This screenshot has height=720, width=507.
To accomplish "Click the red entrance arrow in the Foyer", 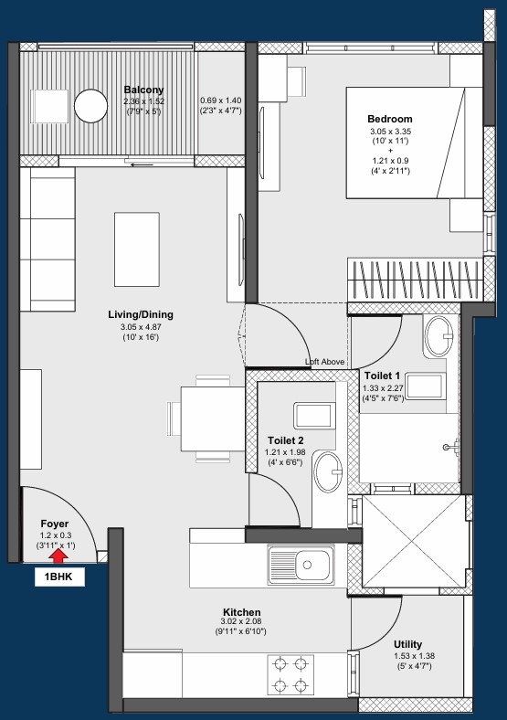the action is click(x=58, y=556).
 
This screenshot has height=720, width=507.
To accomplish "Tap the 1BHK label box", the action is click(x=59, y=577).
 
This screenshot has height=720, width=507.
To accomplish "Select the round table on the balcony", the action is click(x=91, y=106).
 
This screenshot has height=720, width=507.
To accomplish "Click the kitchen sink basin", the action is click(x=312, y=566).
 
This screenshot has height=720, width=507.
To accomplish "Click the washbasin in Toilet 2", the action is click(x=329, y=471).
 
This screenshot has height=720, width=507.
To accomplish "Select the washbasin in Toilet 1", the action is click(x=439, y=335).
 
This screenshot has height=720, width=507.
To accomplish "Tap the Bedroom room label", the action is click(x=390, y=119).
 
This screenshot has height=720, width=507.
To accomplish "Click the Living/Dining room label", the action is click(x=141, y=314).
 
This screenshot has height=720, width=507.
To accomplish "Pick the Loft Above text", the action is click(x=324, y=362).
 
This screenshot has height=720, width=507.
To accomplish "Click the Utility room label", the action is click(x=407, y=644).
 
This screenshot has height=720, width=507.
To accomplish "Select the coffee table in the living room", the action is click(x=137, y=249).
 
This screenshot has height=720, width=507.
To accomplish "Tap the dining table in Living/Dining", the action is click(x=213, y=418).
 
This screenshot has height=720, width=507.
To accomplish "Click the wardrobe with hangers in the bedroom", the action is click(x=415, y=280).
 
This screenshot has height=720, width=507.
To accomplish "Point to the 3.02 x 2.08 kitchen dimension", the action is click(x=241, y=621).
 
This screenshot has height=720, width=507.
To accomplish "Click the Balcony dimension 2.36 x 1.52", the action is click(x=143, y=101).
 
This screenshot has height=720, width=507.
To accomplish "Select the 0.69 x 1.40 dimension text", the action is click(x=220, y=101).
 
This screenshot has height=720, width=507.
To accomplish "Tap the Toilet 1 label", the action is click(x=382, y=376).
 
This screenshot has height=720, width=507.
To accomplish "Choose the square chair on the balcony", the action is click(x=49, y=106).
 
